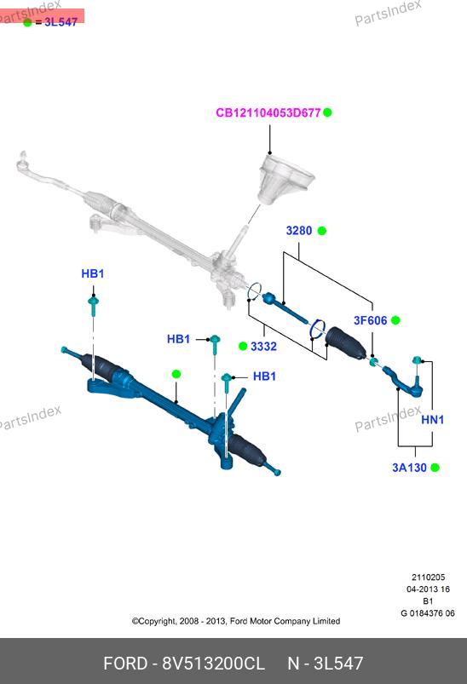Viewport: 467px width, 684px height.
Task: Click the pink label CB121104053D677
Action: (268, 112)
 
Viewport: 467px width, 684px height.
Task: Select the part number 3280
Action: (299, 230)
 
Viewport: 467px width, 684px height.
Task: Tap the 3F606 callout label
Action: (371, 320)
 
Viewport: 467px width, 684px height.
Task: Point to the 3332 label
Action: (263, 347)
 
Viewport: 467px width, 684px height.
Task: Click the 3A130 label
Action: (409, 468)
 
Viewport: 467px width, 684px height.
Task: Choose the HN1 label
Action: (433, 420)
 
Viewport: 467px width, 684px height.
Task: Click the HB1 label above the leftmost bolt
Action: (93, 273)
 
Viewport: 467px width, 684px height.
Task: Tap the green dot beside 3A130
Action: (435, 468)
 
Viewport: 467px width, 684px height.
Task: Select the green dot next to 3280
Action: (321, 231)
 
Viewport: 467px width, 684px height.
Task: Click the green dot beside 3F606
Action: (396, 320)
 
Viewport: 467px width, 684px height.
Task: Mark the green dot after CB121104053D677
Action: (328, 112)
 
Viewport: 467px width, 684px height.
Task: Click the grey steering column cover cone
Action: (285, 178)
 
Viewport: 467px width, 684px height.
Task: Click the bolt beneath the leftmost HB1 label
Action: (94, 306)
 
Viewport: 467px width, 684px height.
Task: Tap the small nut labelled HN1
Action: (417, 359)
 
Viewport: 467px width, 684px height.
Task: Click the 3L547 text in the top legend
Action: (61, 22)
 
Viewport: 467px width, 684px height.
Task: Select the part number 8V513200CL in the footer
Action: (213, 664)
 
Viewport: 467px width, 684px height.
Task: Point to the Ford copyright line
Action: (236, 621)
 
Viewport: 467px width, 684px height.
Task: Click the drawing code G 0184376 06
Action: (428, 613)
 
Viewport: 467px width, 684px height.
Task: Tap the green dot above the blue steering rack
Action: (176, 374)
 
